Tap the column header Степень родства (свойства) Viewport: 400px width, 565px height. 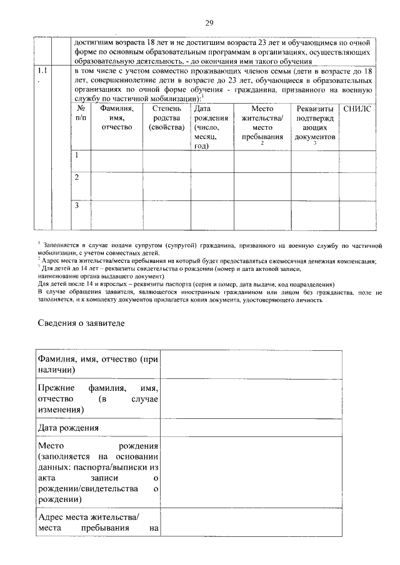167,118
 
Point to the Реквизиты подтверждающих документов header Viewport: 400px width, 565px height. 316,123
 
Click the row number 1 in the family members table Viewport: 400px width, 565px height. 76,155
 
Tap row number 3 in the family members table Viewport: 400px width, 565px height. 76,205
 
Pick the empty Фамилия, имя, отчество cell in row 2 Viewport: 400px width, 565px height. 116,185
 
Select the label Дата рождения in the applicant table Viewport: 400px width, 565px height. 67,428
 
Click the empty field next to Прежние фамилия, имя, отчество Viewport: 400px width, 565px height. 252,398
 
